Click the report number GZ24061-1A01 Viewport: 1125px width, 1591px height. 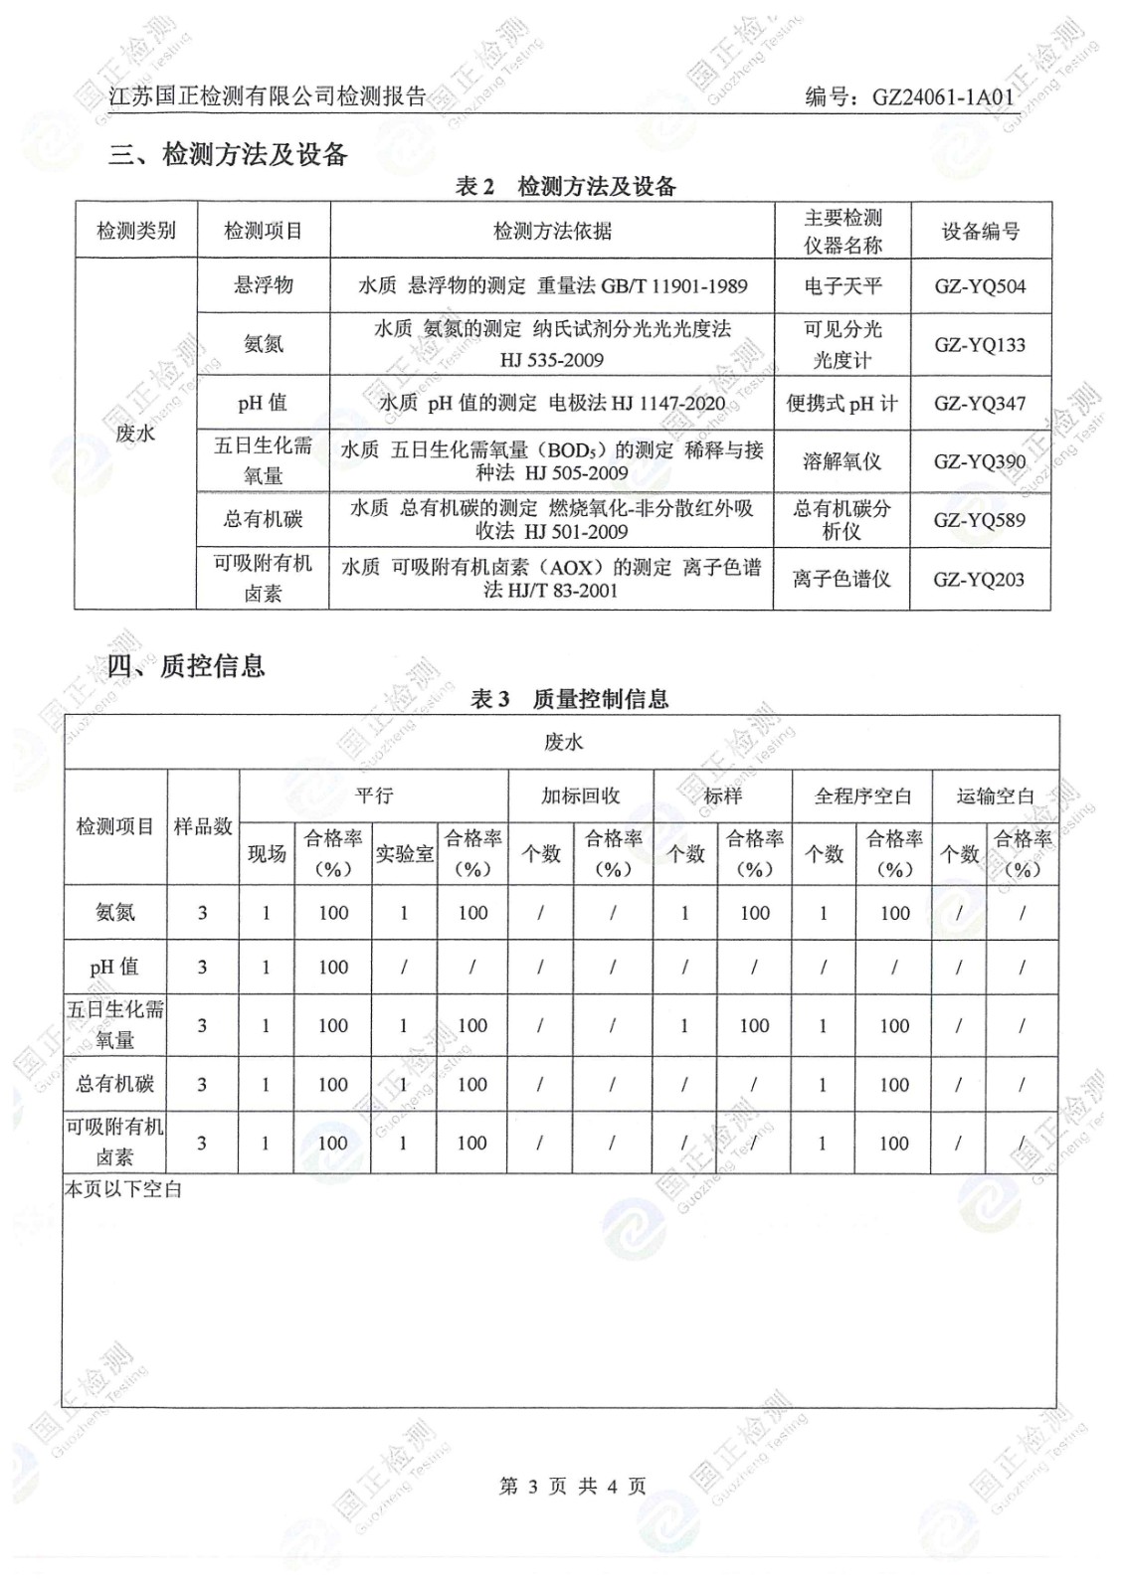(x=942, y=96)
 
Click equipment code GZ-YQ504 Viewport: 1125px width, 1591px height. (x=980, y=286)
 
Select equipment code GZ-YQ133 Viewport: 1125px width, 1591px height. (x=980, y=344)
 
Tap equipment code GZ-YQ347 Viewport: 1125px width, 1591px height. (x=980, y=403)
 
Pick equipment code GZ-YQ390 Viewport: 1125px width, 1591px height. (x=980, y=461)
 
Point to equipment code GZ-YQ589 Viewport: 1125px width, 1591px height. (x=980, y=519)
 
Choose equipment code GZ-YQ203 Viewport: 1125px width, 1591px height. (x=980, y=579)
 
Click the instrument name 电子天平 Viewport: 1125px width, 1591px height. (x=843, y=286)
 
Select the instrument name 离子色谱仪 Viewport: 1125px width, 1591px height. (x=842, y=579)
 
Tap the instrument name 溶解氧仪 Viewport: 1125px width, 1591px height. (x=843, y=461)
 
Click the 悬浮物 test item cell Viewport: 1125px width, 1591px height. (x=264, y=285)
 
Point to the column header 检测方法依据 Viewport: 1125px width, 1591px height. (x=552, y=231)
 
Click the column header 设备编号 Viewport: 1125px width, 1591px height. (x=981, y=231)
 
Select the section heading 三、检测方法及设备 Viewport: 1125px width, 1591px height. (x=228, y=154)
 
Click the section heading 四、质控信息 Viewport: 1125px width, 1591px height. (x=186, y=665)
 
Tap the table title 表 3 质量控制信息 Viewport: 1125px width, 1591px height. (x=569, y=699)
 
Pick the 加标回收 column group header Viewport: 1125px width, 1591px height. (x=580, y=795)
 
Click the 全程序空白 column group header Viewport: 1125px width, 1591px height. (x=862, y=795)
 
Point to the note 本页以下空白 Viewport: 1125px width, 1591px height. (x=123, y=1188)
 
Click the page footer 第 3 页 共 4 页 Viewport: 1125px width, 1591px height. (x=572, y=1486)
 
